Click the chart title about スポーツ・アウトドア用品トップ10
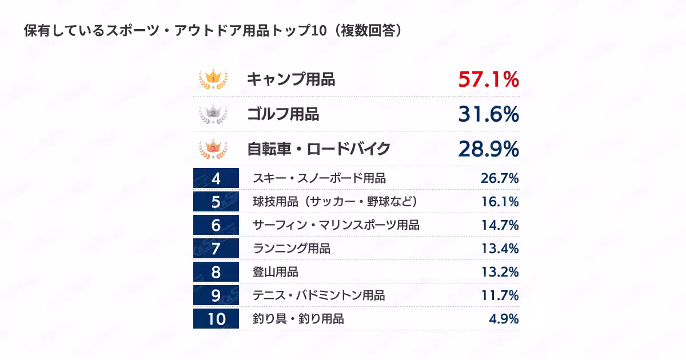pos(213,31)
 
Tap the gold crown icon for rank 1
pos(213,79)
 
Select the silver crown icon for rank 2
pos(213,114)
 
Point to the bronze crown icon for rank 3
pos(213,149)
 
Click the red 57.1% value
pos(488,79)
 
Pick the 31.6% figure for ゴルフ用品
pos(488,114)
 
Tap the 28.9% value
pos(488,149)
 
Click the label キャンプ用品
pos(291,79)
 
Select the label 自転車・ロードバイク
pos(318,149)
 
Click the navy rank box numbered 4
pos(216,178)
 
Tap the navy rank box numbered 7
pos(216,248)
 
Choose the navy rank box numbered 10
pos(216,319)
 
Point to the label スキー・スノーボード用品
pos(319,178)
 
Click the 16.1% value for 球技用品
pos(500,201)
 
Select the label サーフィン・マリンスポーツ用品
pos(336,225)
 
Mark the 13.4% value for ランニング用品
pos(500,248)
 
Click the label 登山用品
pos(276,272)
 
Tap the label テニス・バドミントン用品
pos(319,295)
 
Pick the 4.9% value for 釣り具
pos(504,319)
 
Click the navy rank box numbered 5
pos(216,201)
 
